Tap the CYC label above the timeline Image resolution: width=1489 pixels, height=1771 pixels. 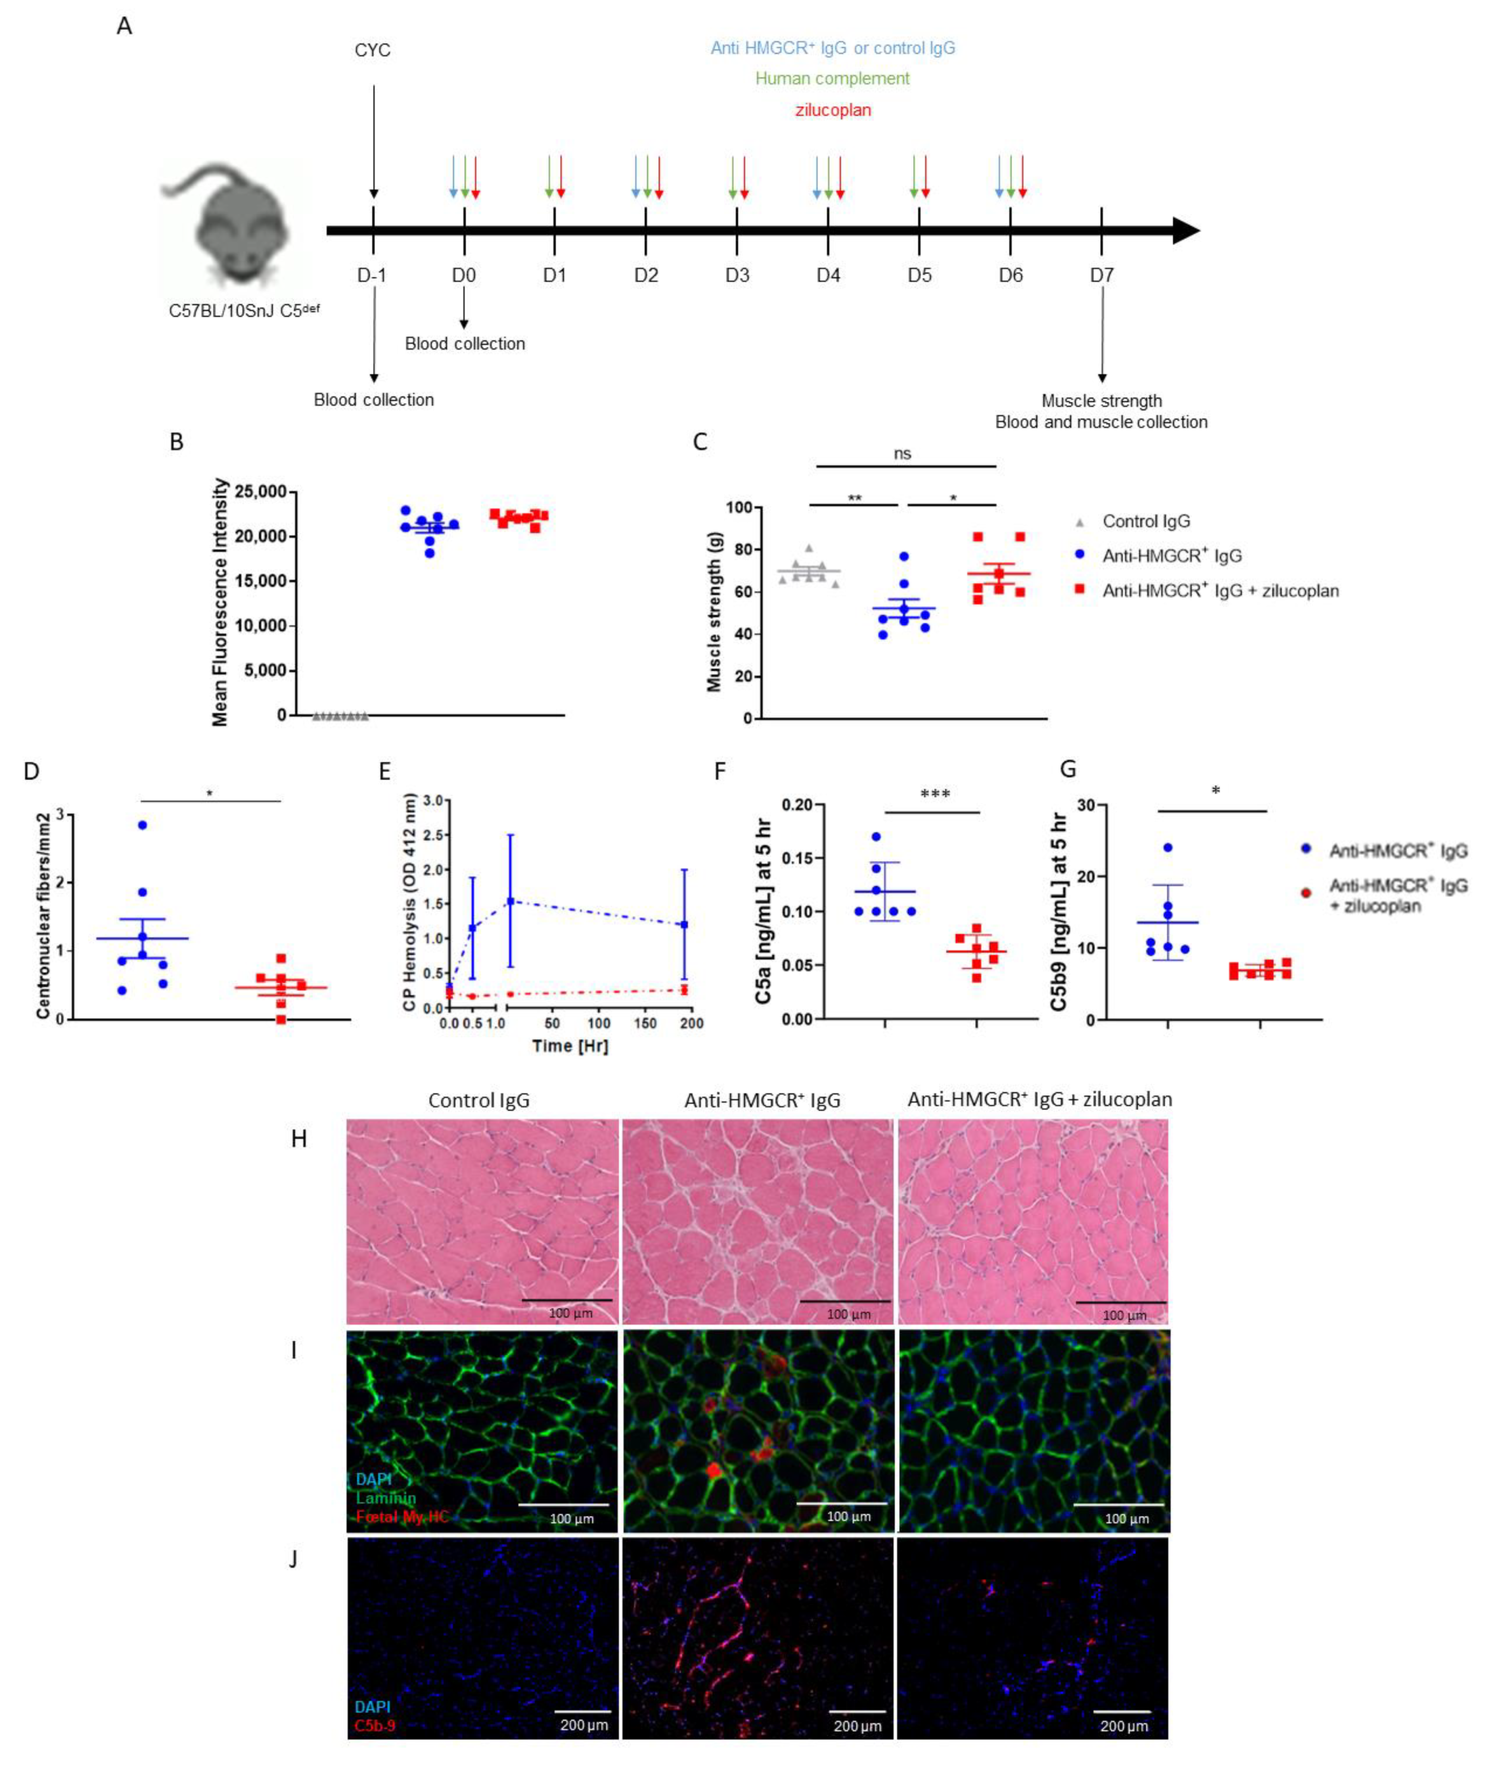[x=372, y=51]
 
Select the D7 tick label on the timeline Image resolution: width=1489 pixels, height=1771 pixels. [x=1102, y=275]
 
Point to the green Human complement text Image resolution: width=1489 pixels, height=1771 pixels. [x=832, y=78]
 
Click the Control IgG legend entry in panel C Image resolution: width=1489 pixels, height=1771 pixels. [x=1146, y=521]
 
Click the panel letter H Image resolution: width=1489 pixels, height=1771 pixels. [x=299, y=1139]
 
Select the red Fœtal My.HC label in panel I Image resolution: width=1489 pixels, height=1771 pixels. [x=402, y=1517]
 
